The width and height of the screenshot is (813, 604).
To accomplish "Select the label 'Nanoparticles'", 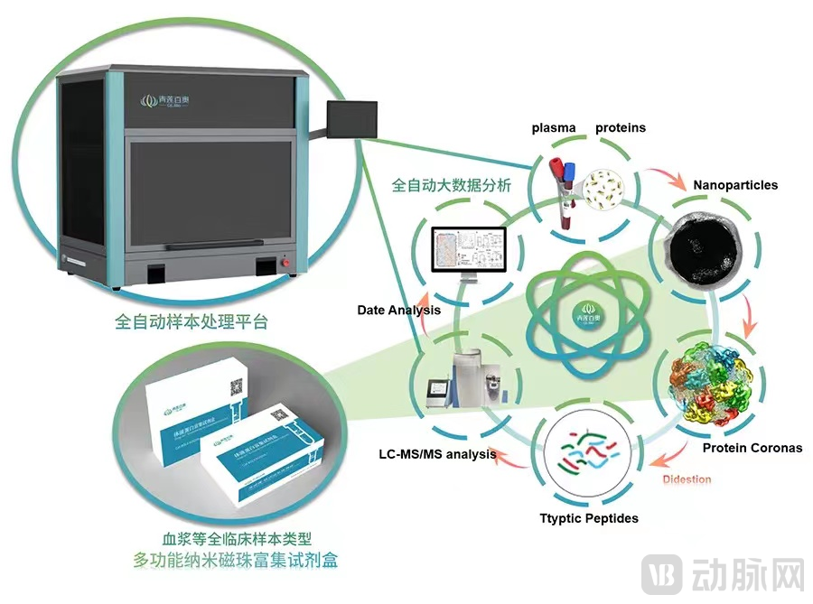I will tap(735, 185).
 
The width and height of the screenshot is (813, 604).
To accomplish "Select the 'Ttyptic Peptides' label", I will tap(589, 518).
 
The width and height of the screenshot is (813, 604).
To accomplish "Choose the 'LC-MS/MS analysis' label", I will tap(437, 454).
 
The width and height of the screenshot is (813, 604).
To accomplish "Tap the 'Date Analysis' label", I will tap(398, 310).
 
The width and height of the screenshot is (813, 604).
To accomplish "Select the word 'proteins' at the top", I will tap(621, 127).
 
